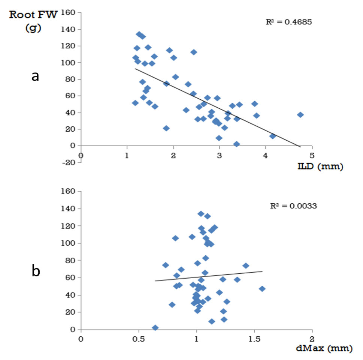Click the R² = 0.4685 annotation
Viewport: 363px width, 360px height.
point(288,22)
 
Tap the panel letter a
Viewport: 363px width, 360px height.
point(35,76)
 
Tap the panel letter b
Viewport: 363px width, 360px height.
point(35,271)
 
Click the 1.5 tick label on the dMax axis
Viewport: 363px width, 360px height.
point(254,337)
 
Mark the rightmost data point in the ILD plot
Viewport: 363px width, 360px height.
point(300,115)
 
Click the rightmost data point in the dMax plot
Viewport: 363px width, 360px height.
point(262,289)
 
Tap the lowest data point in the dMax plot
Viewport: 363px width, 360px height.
point(155,328)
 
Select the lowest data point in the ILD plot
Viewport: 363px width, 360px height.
point(236,144)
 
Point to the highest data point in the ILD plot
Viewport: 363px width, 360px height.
point(139,34)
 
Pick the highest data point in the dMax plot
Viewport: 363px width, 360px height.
point(201,214)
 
